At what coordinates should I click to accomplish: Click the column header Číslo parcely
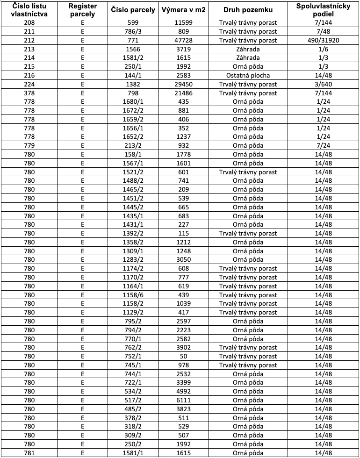pyautogui.click(x=134, y=10)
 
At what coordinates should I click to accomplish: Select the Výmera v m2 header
pyautogui.click(x=184, y=10)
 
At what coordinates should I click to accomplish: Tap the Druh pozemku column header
pyautogui.click(x=248, y=10)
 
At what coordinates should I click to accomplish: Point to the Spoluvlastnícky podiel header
pyautogui.click(x=320, y=10)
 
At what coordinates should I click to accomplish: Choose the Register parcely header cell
pyautogui.click(x=82, y=10)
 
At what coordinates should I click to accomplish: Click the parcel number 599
pyautogui.click(x=134, y=22)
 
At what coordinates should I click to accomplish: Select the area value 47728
pyautogui.click(x=184, y=40)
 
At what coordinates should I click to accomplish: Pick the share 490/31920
pyautogui.click(x=320, y=40)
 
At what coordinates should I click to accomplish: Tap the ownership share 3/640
pyautogui.click(x=320, y=84)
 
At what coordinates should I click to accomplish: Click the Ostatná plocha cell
pyautogui.click(x=248, y=75)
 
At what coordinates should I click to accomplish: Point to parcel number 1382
pyautogui.click(x=134, y=84)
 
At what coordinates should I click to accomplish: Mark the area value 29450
pyautogui.click(x=184, y=84)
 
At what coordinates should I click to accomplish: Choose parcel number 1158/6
pyautogui.click(x=134, y=295)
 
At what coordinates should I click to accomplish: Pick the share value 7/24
pyautogui.click(x=320, y=146)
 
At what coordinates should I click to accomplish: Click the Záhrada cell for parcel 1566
pyautogui.click(x=248, y=49)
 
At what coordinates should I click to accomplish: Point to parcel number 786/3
pyautogui.click(x=134, y=31)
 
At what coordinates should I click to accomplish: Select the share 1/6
pyautogui.click(x=320, y=49)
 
